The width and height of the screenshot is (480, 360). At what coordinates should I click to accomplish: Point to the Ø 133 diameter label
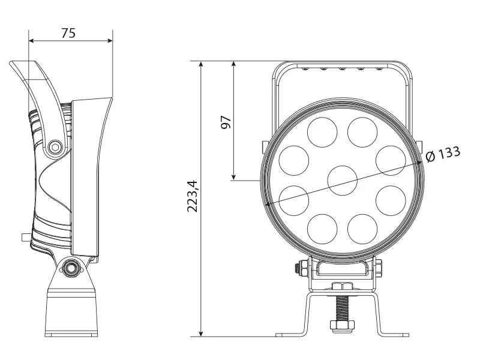(443, 154)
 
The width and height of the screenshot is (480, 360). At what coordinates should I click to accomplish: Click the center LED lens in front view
(343, 179)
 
